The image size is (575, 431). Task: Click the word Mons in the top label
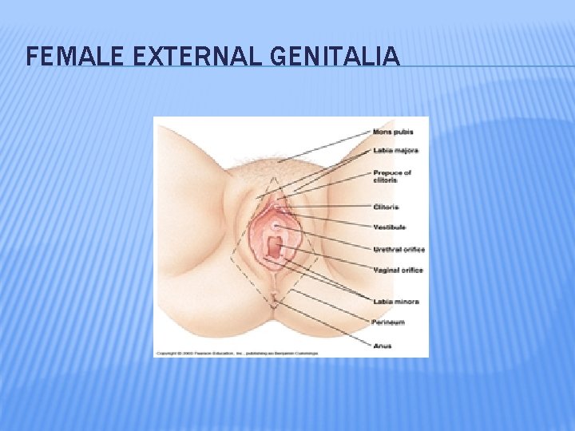[x=383, y=132]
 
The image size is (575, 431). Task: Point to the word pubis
[x=403, y=132]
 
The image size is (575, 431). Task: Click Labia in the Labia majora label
[x=383, y=150]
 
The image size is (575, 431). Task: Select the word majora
[x=406, y=150]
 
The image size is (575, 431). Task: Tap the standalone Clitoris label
[x=387, y=208]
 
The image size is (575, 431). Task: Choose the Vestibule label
[x=390, y=227]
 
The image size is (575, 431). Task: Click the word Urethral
[x=387, y=250]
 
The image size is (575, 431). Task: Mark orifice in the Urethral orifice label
[x=414, y=250]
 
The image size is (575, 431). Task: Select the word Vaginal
[x=387, y=271]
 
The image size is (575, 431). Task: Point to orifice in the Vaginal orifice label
[x=412, y=271]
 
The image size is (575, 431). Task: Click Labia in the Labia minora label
[x=383, y=302]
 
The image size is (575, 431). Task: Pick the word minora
[x=406, y=302]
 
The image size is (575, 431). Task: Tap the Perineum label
[x=388, y=322]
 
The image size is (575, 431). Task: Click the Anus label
[x=382, y=346]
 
